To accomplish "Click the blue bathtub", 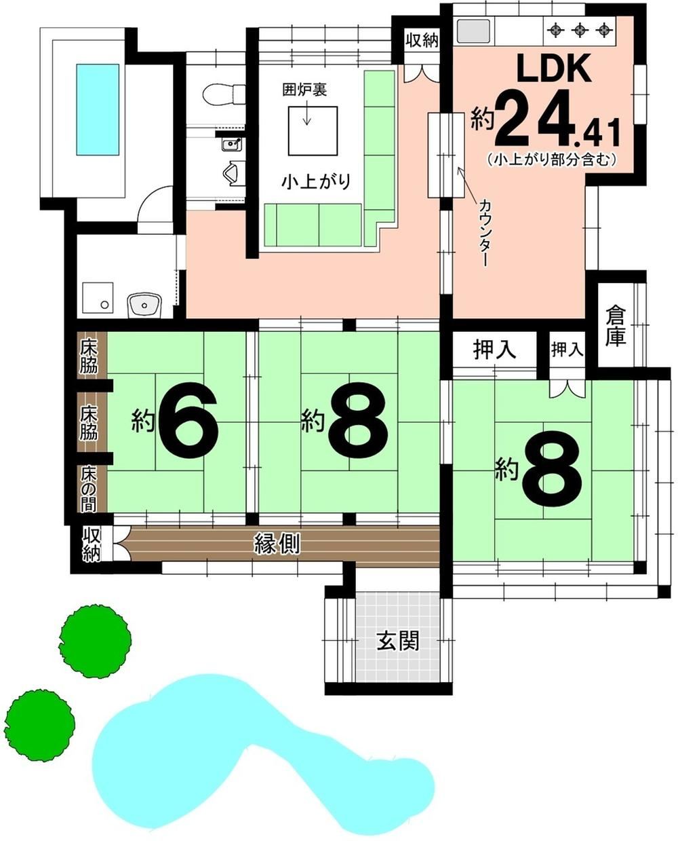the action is tap(98, 109).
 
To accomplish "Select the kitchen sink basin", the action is tap(473, 31).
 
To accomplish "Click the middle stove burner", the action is tap(580, 30).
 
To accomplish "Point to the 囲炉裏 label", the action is tap(304, 90).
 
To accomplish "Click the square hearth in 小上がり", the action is tap(313, 131).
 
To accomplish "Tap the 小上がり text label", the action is tap(316, 182).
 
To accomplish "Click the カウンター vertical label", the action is tap(485, 232).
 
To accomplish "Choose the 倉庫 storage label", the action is tap(616, 326).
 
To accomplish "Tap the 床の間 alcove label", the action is tap(89, 489).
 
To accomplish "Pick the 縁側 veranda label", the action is tap(277, 543).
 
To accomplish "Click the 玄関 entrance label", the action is tap(397, 640).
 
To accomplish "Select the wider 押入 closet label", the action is tap(494, 349).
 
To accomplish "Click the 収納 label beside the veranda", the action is tap(92, 545).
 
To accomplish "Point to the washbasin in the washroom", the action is tap(144, 305).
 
